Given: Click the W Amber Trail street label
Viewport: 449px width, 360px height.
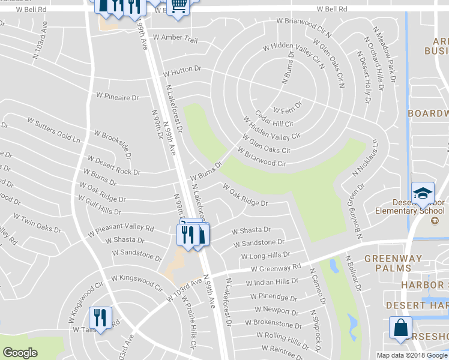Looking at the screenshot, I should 175,38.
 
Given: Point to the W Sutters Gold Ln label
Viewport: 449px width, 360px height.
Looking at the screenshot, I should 53,129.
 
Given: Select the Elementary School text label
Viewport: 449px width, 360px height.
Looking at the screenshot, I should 410,211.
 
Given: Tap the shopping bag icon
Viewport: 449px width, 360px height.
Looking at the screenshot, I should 400,328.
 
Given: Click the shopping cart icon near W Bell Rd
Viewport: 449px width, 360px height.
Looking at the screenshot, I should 178,6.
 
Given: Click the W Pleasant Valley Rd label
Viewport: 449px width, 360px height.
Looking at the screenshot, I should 121,229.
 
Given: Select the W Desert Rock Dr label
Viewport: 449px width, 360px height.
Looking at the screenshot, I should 113,166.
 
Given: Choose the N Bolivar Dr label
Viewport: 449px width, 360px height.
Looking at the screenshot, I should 352,275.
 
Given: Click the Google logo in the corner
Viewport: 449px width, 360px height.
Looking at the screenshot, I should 20,353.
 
